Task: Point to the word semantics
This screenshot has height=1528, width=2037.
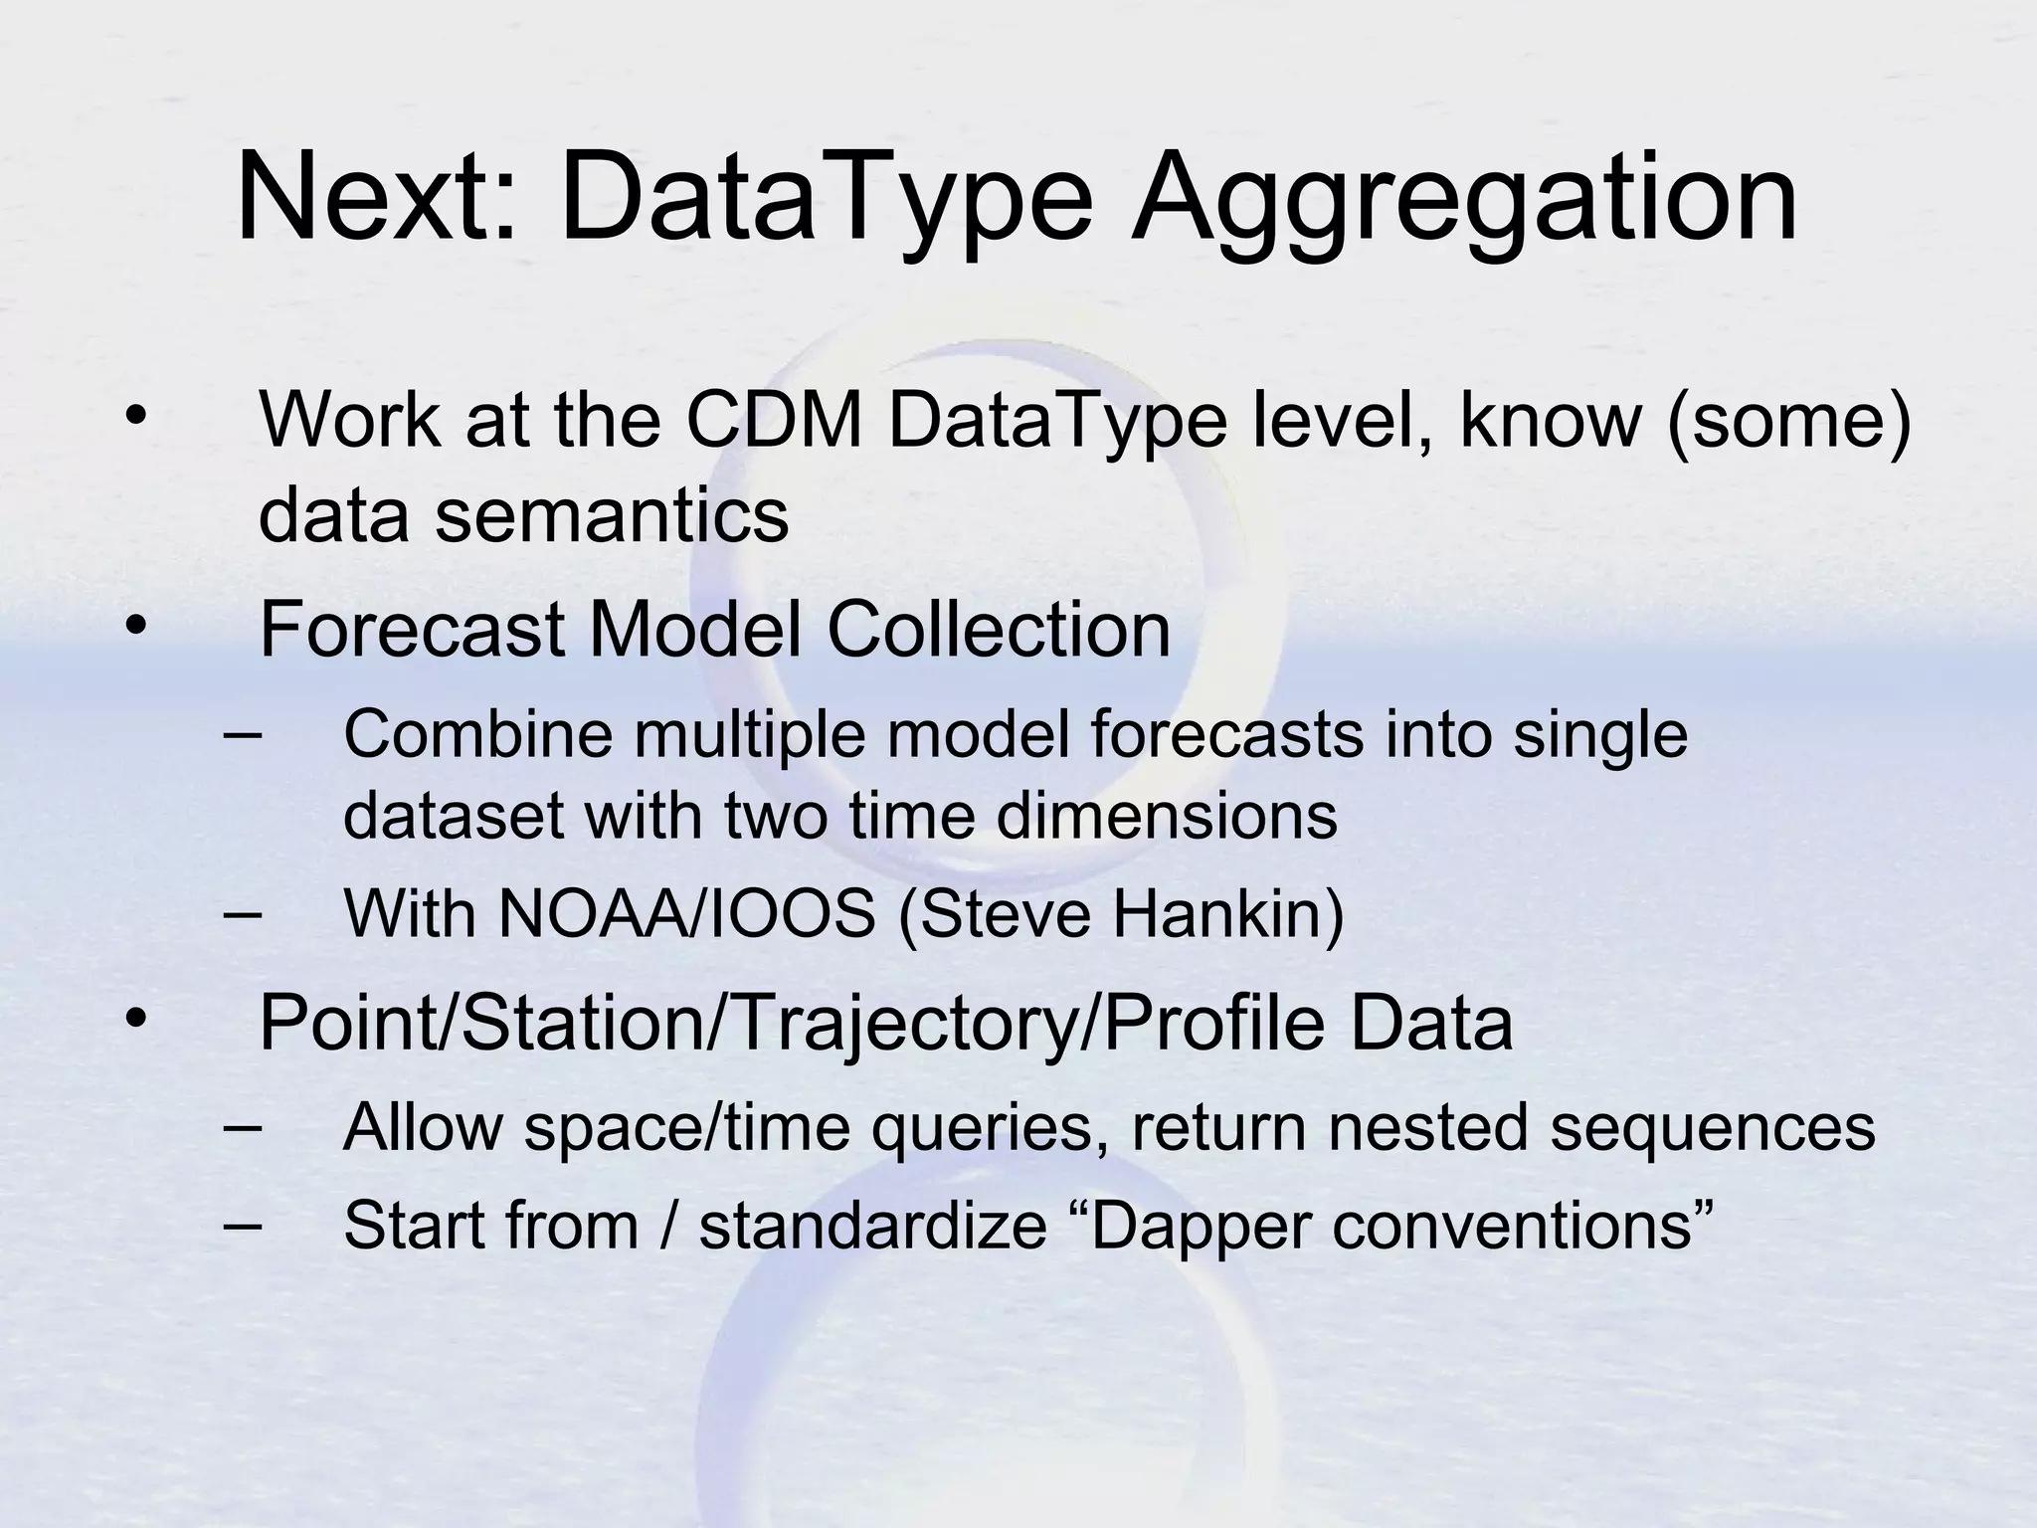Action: click(611, 516)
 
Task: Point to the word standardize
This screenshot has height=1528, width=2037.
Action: click(872, 1225)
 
